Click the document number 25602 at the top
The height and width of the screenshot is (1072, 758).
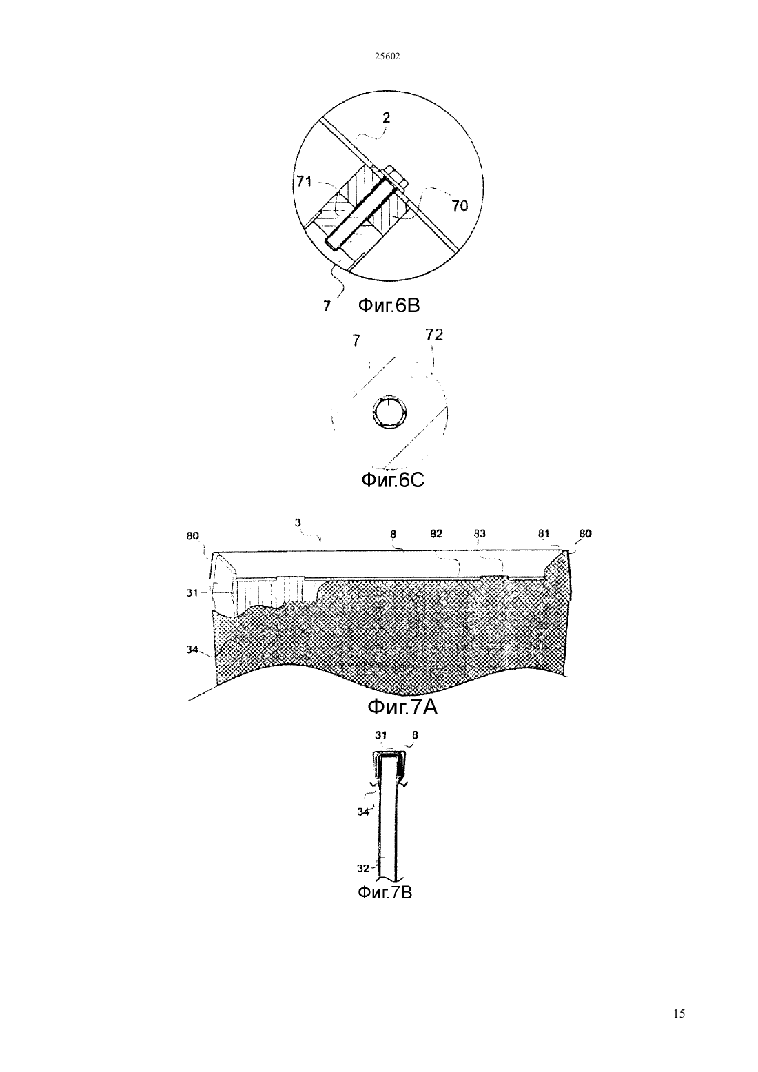(x=387, y=56)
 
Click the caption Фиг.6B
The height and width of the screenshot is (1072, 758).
(x=389, y=305)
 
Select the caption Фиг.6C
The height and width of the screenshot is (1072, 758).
(x=392, y=480)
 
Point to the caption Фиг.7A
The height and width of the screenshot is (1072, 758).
(x=402, y=707)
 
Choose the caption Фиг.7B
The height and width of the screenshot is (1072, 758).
(x=385, y=893)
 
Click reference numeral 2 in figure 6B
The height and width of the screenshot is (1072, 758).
(x=386, y=118)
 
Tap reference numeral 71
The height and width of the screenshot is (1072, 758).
(x=304, y=181)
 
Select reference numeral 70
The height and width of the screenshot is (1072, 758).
(x=460, y=206)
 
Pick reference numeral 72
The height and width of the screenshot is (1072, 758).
(x=434, y=335)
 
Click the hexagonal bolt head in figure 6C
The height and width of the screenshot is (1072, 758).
(x=389, y=412)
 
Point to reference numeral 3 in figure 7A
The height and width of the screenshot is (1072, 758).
(x=298, y=523)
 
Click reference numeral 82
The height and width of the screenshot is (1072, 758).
(x=436, y=534)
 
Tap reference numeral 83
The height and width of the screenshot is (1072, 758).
(x=479, y=534)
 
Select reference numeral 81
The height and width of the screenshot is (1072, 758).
(x=544, y=534)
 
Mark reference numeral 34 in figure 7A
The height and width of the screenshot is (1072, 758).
(x=192, y=650)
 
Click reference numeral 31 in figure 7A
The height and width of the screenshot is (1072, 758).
(x=192, y=593)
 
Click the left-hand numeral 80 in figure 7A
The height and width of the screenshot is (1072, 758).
(x=193, y=536)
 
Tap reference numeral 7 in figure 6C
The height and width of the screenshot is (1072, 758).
(x=356, y=341)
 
